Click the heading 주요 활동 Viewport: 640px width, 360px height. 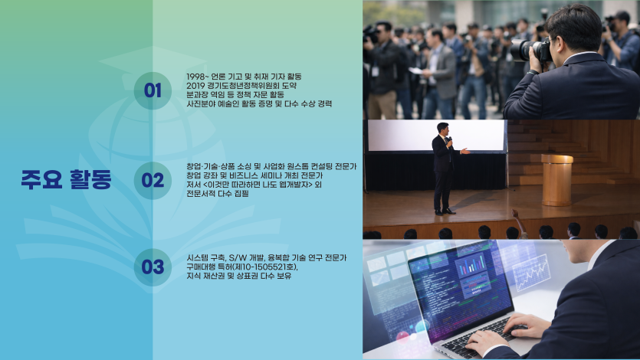(66, 179)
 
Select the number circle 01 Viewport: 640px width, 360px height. (153, 90)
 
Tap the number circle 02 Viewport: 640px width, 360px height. (153, 181)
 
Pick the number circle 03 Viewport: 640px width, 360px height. (153, 267)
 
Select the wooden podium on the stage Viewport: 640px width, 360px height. (557, 180)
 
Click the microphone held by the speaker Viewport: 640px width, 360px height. (449, 142)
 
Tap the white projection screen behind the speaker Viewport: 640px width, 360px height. (436, 136)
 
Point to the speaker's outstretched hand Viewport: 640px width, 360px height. (465, 152)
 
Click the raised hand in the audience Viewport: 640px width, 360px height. (516, 213)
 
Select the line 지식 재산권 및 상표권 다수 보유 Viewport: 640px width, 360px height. (239, 276)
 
